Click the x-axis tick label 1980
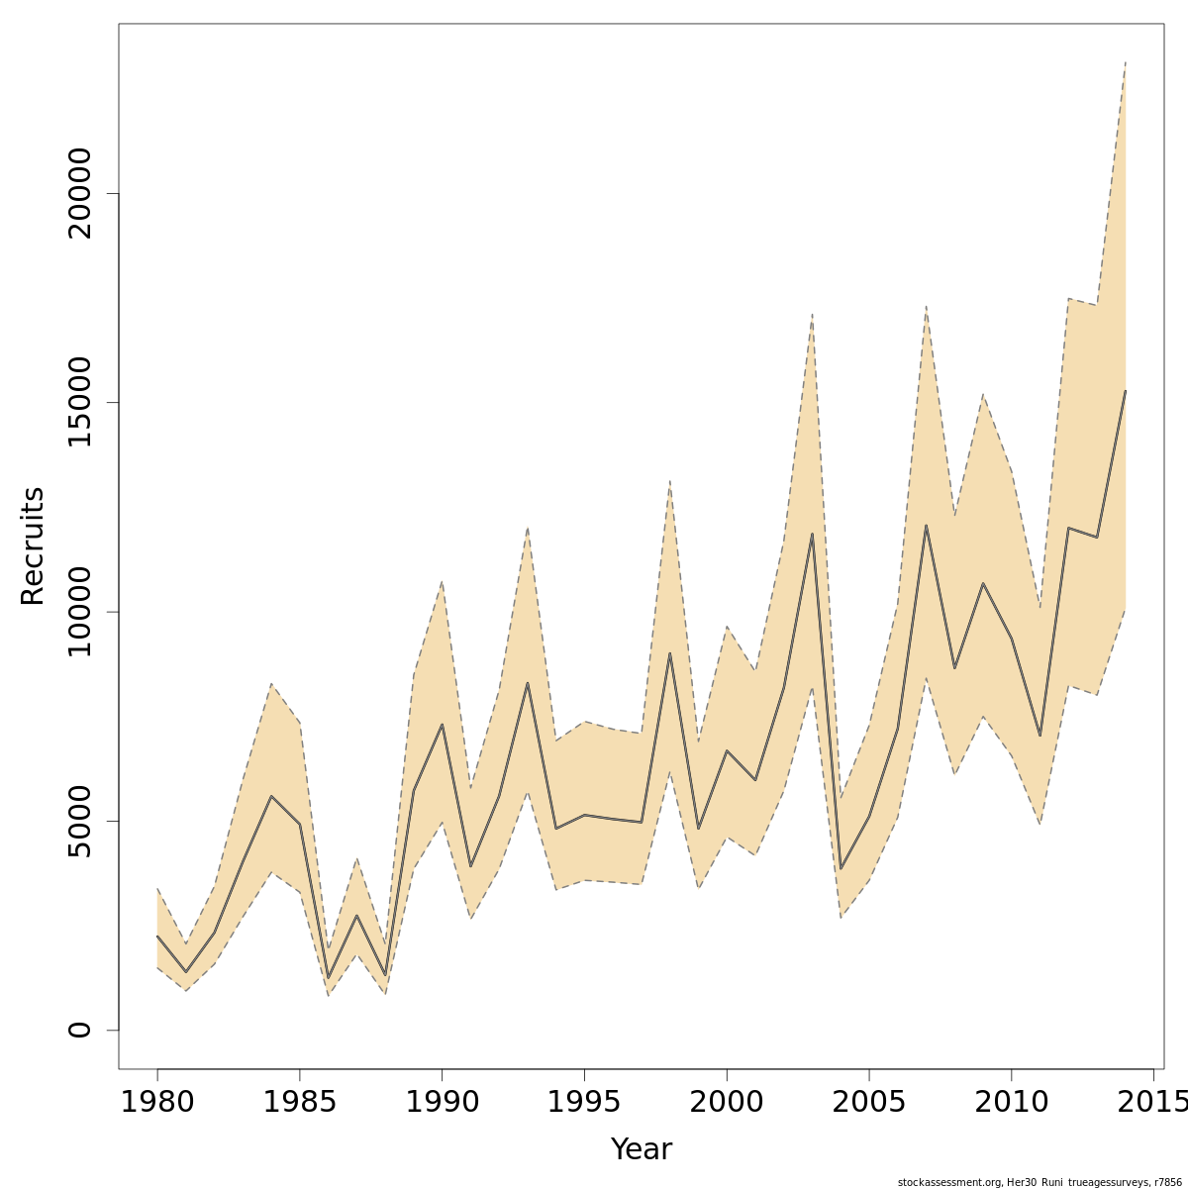(x=157, y=1102)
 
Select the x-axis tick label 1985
(x=300, y=1102)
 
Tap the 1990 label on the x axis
(x=442, y=1102)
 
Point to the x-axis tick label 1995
(x=584, y=1102)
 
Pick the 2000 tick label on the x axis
(x=727, y=1102)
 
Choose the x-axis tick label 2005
(x=869, y=1102)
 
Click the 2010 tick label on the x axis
(x=1012, y=1102)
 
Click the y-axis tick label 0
(x=79, y=1030)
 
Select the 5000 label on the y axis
(x=79, y=821)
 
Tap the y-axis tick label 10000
(x=79, y=612)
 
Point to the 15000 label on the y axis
(x=79, y=403)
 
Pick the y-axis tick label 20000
(x=79, y=194)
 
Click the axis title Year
(x=641, y=1149)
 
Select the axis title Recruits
(x=33, y=545)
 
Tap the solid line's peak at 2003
(x=812, y=535)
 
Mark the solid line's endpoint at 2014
(x=1126, y=391)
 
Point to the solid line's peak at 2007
(x=926, y=526)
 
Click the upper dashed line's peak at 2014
(x=1126, y=61)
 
